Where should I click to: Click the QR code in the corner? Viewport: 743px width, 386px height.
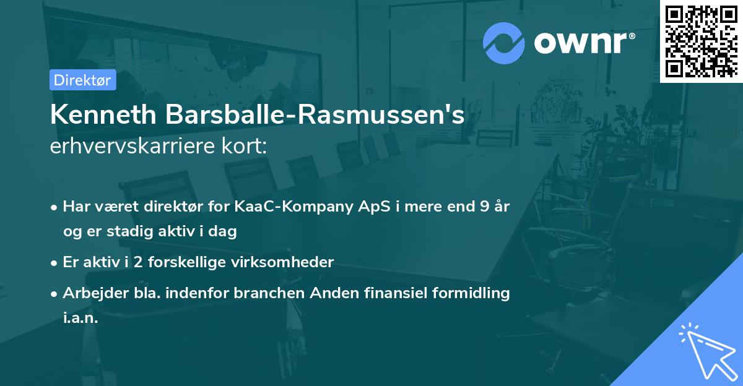point(702,41)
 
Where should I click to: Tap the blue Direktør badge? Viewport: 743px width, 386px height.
point(82,80)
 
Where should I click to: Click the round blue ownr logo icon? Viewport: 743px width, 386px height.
point(503,43)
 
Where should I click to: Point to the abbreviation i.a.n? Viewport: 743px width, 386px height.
point(80,318)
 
